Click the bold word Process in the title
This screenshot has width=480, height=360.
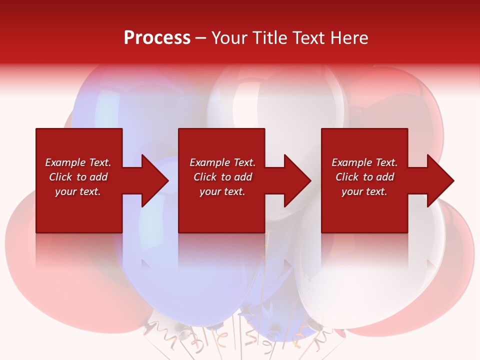[x=157, y=37]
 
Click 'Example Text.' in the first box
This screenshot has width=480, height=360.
[x=78, y=162]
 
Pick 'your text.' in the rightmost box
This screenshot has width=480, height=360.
[x=364, y=191]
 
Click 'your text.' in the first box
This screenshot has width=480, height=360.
[x=78, y=191]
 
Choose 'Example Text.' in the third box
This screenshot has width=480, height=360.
[x=364, y=162]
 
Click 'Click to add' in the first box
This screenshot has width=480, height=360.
[x=78, y=177]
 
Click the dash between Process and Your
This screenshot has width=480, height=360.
[x=201, y=38]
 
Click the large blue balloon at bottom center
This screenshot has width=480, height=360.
[x=180, y=285]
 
